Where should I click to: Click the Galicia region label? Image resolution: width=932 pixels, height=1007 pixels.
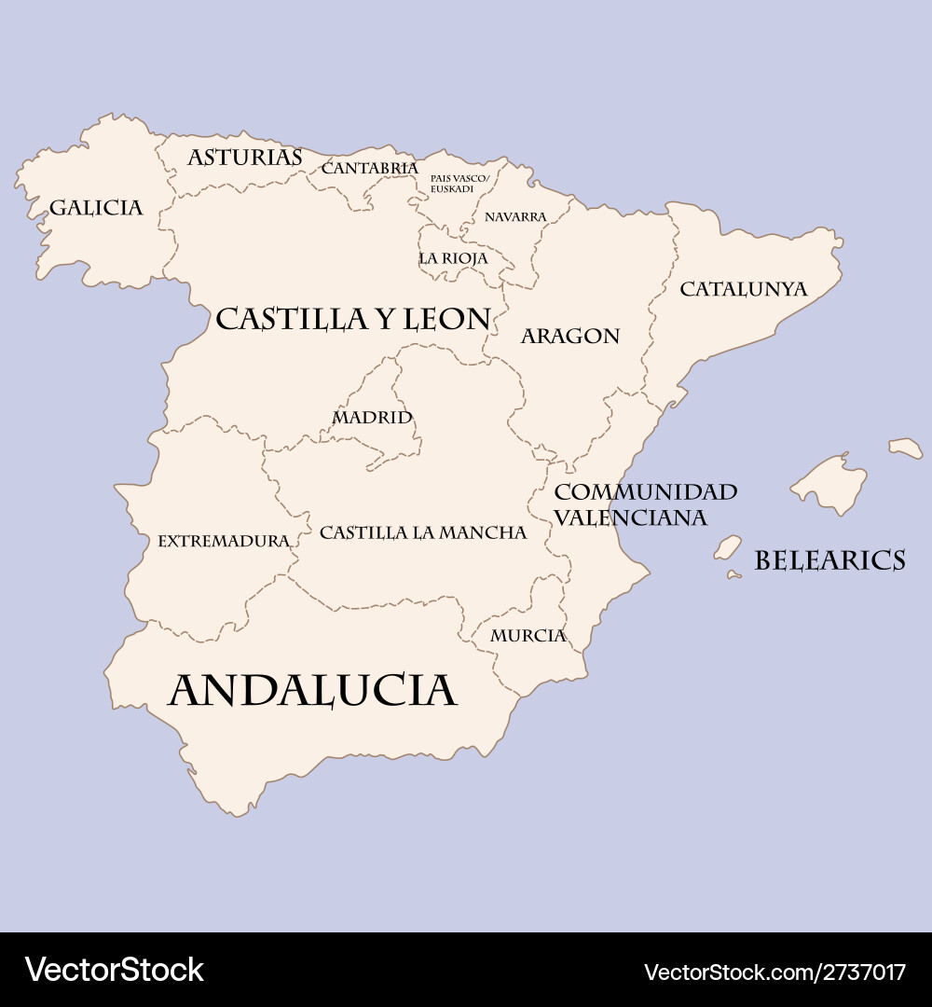96,207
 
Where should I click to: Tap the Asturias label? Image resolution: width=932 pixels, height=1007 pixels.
245,158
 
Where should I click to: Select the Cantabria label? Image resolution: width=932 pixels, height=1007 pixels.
369,169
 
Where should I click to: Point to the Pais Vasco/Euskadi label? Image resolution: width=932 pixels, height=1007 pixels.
459,183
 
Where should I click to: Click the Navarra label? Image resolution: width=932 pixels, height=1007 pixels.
515,217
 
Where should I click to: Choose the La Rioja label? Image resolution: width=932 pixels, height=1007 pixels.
453,258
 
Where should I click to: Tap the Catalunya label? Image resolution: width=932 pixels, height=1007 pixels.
743,289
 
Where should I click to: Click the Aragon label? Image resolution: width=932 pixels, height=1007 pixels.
569,336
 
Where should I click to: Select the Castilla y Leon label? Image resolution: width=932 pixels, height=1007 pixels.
352,320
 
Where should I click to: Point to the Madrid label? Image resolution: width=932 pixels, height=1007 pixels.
372,417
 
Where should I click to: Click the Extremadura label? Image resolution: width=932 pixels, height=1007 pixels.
224,541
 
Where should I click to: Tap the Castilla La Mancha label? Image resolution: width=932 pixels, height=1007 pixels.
423,532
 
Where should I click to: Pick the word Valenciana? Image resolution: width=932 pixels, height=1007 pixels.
630,517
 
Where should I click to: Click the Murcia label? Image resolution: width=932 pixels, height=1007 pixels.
528,636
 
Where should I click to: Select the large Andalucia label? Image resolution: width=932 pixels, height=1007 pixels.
312,691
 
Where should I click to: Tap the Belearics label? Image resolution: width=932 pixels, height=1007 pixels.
829,560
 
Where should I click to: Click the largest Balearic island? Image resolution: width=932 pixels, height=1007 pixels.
829,483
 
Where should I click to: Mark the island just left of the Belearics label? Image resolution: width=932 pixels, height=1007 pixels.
727,547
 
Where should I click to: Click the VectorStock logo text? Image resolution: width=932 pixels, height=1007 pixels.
114,971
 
